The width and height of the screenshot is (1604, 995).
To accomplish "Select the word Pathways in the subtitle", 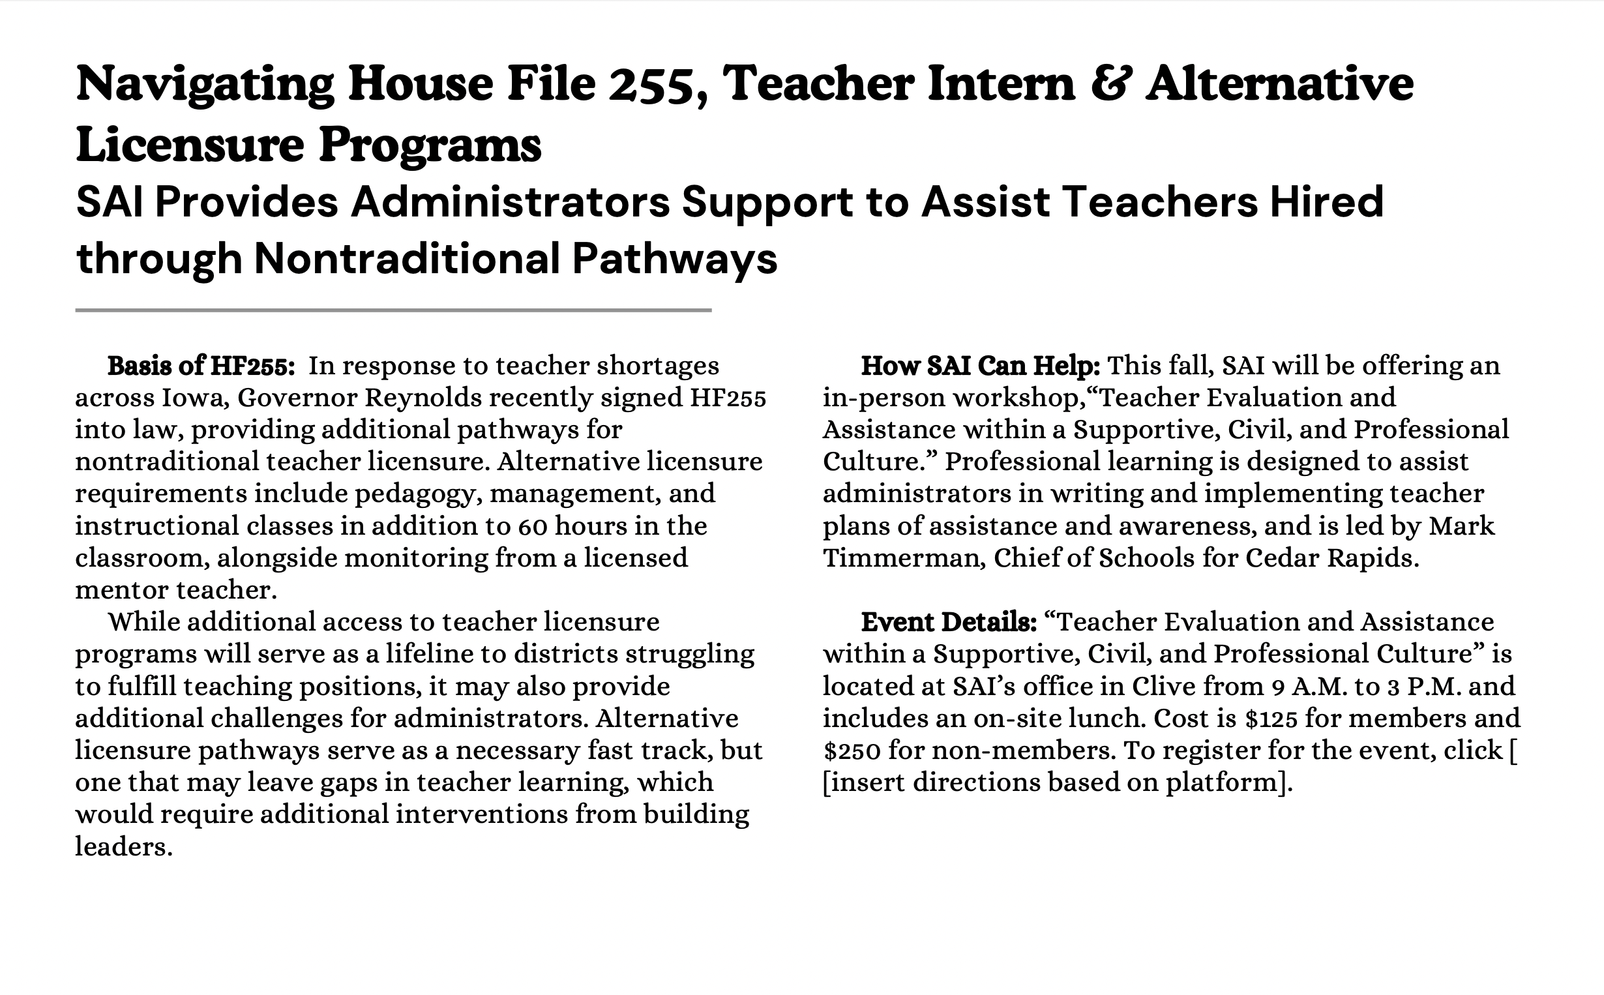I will (674, 259).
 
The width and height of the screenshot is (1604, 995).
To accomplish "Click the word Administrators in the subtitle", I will (510, 202).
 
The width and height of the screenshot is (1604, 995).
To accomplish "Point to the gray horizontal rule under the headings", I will (393, 310).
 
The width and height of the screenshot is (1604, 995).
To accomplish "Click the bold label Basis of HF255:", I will (201, 366).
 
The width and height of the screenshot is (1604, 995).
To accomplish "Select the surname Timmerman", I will (903, 558).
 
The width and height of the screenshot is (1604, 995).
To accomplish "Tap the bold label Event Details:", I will (949, 622).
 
